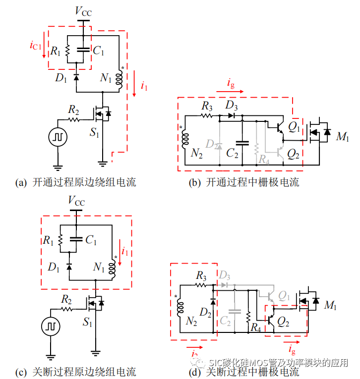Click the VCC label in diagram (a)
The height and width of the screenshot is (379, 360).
point(83,11)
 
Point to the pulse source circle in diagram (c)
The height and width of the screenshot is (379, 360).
point(50,325)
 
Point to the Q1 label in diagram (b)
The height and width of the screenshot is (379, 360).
point(294,127)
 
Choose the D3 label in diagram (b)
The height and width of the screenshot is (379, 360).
point(231,106)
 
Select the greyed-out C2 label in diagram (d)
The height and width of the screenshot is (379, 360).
point(226,322)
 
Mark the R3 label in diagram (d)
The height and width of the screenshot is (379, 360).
point(201,275)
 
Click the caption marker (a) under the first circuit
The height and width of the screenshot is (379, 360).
point(21,183)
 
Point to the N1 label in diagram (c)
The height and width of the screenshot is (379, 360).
point(99,268)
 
